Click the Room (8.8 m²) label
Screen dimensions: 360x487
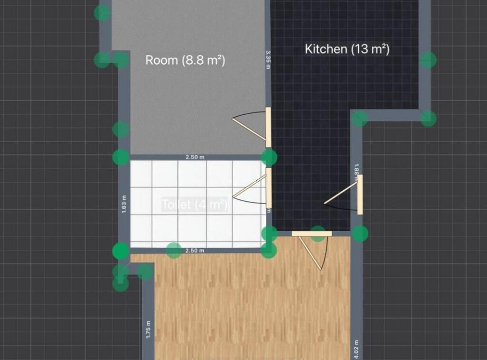click(x=185, y=60)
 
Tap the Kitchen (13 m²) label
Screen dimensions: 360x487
click(x=347, y=49)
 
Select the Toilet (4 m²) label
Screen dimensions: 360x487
click(x=195, y=205)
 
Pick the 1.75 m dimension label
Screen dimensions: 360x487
click(x=147, y=328)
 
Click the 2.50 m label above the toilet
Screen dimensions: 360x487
click(x=195, y=157)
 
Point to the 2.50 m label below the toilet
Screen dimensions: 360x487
click(x=195, y=251)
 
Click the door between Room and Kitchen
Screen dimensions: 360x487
click(x=268, y=127)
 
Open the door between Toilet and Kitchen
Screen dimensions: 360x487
click(x=268, y=187)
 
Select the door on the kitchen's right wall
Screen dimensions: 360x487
click(x=360, y=195)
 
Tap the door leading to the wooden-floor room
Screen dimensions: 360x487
click(x=311, y=234)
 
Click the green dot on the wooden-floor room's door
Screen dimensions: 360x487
click(x=318, y=233)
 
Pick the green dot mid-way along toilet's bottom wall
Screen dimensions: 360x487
click(x=174, y=250)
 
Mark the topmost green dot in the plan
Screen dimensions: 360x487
click(x=102, y=13)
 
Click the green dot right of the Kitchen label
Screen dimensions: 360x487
click(x=428, y=60)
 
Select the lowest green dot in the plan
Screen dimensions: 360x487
click(x=120, y=284)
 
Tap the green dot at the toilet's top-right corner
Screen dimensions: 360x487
click(x=270, y=157)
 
